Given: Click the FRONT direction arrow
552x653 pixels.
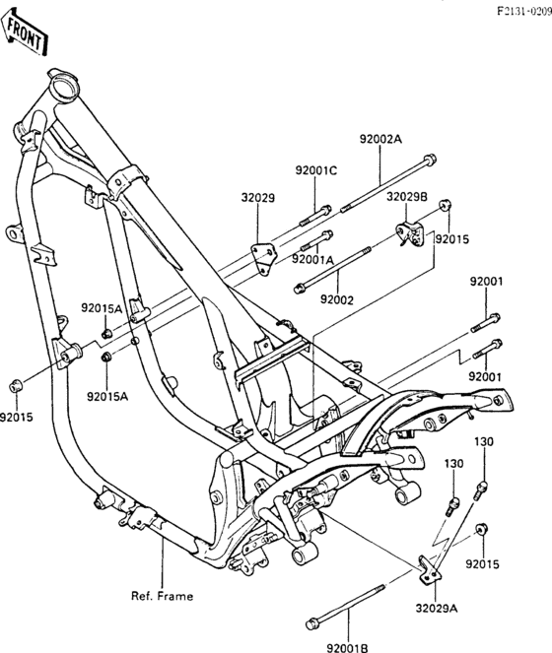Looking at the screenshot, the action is pos(25,33).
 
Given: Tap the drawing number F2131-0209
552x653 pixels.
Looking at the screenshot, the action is pos(524,11).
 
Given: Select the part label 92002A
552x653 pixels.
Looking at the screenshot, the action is pos(380,139).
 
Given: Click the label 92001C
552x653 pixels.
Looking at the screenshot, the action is pos(316,170).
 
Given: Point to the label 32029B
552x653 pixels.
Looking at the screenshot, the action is pos(406,197).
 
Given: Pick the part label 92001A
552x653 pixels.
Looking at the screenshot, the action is pos(312,259).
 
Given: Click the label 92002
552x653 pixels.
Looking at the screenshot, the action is pos(337,299).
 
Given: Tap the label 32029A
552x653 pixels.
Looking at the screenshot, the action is pos(436,609).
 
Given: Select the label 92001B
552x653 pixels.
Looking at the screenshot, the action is pos(347,648).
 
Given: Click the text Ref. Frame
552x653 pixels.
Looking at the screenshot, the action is pos(163,596).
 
